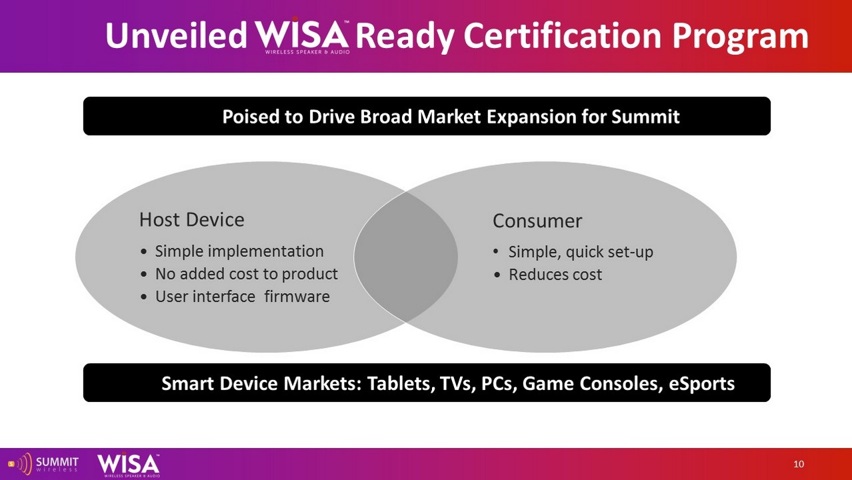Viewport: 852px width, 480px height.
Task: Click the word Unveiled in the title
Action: [177, 35]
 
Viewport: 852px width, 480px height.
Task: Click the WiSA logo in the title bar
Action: [303, 35]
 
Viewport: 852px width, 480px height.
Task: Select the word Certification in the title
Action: [563, 35]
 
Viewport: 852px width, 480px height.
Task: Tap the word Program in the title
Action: [740, 37]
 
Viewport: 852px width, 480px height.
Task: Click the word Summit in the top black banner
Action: [645, 117]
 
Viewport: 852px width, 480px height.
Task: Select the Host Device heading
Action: [192, 220]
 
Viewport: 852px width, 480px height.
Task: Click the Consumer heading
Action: [537, 221]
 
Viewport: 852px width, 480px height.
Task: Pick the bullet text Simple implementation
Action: [239, 252]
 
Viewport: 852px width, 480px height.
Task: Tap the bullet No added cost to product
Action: [247, 274]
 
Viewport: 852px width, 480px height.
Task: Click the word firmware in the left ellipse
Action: [297, 296]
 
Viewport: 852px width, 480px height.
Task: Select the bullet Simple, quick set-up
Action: [581, 252]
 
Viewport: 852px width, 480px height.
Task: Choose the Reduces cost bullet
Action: [555, 274]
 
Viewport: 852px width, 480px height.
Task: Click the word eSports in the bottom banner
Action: [702, 384]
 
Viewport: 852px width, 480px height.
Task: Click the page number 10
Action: [799, 464]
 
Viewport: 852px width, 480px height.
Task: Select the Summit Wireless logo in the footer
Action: [43, 465]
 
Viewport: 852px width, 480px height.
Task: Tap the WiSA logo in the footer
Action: [129, 465]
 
